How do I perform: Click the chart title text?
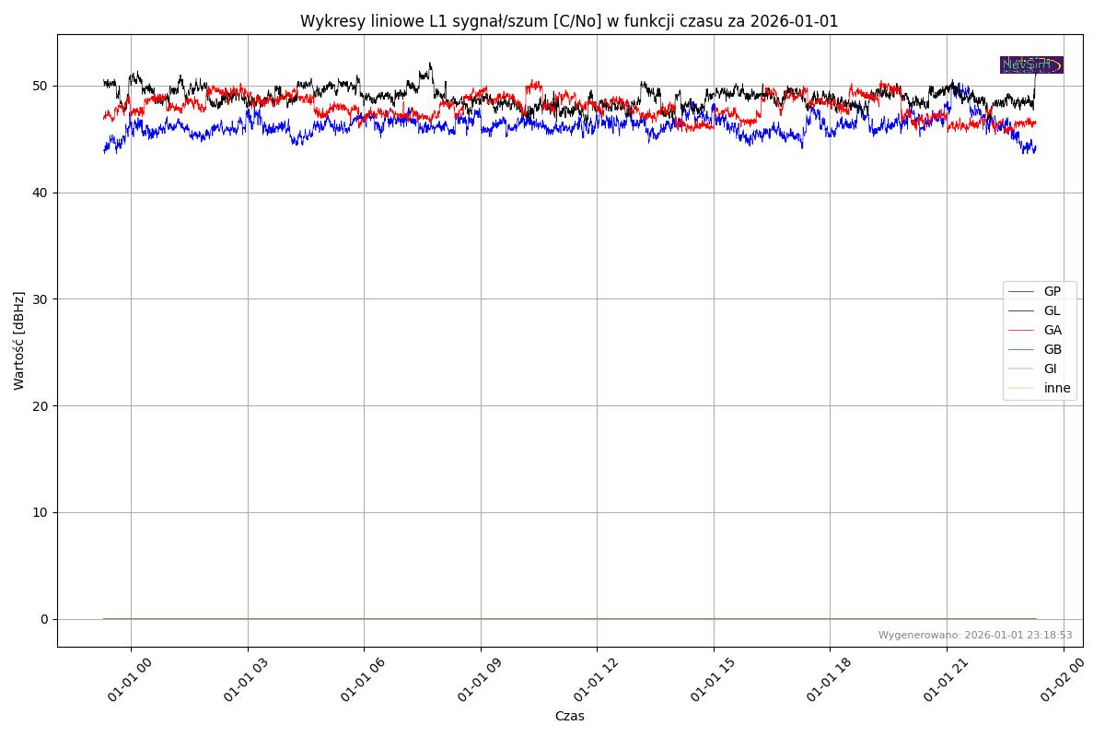point(569,21)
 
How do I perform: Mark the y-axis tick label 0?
point(43,619)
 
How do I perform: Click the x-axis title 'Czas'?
point(569,716)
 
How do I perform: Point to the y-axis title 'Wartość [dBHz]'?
point(19,340)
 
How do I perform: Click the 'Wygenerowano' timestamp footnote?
point(974,635)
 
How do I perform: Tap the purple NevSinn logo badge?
point(1031,64)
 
